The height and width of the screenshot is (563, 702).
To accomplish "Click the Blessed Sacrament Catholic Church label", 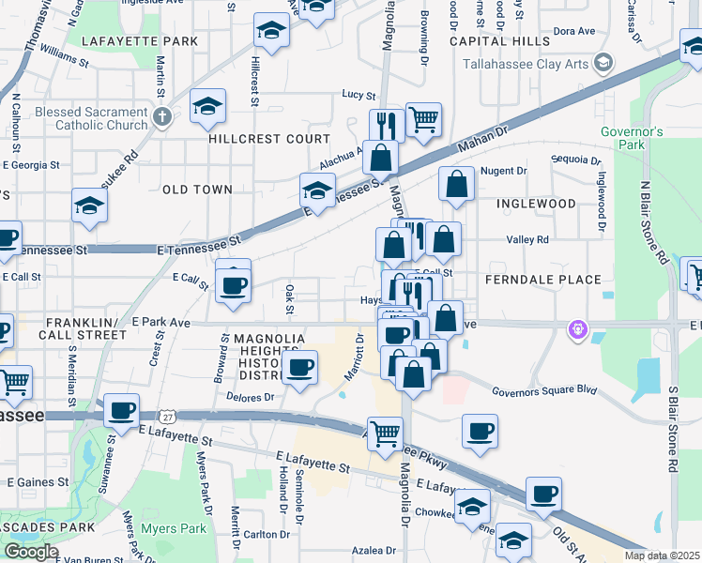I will click(x=87, y=117).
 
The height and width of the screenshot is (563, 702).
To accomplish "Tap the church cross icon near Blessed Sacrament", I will click(x=162, y=117).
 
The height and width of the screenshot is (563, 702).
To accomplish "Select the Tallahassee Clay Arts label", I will click(x=528, y=64).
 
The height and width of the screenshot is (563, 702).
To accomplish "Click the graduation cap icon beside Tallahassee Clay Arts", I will click(x=603, y=64).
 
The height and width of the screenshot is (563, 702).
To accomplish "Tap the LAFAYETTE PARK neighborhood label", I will click(x=140, y=41).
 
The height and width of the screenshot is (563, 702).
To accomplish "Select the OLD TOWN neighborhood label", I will click(x=197, y=190).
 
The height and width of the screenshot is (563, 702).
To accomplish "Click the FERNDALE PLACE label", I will click(x=542, y=280).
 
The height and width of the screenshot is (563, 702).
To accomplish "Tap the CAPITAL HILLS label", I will click(x=499, y=41).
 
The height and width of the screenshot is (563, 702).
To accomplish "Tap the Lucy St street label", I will click(x=359, y=95).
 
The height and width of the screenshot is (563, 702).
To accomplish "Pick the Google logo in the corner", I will click(x=31, y=552).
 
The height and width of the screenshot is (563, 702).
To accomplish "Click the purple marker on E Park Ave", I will click(x=577, y=328).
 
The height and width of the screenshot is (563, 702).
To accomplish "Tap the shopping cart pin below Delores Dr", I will click(x=386, y=434).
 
